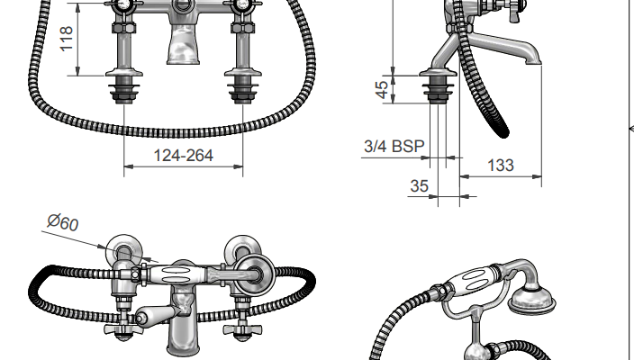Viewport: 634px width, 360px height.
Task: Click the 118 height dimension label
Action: pyautogui.click(x=67, y=39)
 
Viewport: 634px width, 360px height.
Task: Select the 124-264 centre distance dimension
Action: pyautogui.click(x=183, y=156)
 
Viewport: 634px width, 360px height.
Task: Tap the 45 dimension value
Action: pyautogui.click(x=382, y=89)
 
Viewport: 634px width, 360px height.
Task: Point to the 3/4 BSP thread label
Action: pyautogui.click(x=394, y=146)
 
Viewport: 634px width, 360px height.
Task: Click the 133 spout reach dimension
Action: pyautogui.click(x=501, y=166)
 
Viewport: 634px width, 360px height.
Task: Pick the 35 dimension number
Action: pyautogui.click(x=419, y=186)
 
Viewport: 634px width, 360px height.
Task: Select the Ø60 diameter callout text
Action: pyautogui.click(x=63, y=222)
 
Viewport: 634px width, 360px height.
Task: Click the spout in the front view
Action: pyautogui.click(x=183, y=44)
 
